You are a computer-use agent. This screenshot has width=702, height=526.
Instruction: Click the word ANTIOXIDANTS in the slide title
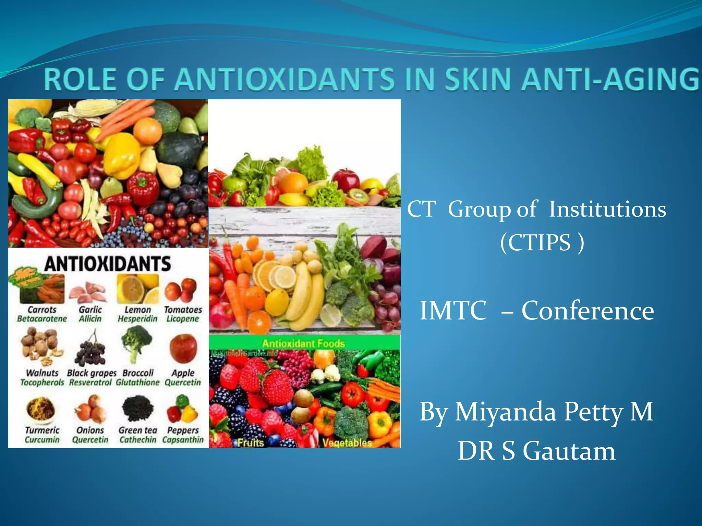click(285, 79)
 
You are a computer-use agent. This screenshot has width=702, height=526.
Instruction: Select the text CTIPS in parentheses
click(539, 242)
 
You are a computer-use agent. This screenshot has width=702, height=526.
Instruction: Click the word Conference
click(588, 310)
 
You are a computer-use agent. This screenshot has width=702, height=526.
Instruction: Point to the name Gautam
click(569, 451)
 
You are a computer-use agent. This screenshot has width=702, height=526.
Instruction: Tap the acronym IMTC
click(453, 310)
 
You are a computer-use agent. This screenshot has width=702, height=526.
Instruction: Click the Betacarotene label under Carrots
click(42, 319)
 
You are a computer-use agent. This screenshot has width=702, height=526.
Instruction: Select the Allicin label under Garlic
click(90, 319)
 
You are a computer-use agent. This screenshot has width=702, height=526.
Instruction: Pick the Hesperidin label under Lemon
click(137, 319)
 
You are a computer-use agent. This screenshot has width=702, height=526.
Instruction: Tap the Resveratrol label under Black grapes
click(90, 382)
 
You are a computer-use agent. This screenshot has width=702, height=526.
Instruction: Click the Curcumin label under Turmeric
click(42, 440)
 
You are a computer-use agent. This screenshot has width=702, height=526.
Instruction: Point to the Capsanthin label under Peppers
click(183, 440)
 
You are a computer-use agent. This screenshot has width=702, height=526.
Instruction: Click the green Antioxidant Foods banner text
click(303, 343)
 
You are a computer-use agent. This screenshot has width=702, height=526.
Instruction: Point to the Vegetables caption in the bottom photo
click(347, 443)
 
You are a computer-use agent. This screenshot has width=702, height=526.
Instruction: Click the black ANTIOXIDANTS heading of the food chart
click(107, 264)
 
